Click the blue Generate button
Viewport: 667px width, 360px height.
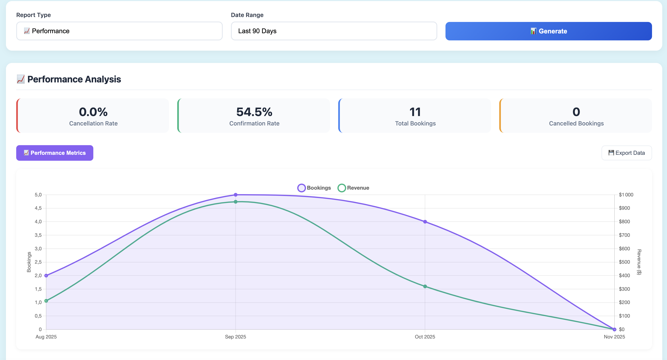point(548,31)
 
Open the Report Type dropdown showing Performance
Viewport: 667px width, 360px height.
point(119,31)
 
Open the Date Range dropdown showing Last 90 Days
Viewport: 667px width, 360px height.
point(334,31)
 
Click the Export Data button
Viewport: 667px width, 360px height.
point(626,153)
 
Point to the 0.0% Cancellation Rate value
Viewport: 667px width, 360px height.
point(93,112)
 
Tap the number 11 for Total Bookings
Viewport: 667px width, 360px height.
point(415,112)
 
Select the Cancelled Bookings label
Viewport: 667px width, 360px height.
point(576,123)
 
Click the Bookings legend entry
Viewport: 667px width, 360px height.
point(314,188)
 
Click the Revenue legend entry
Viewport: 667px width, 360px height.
point(353,188)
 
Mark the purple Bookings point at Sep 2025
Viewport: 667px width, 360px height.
point(236,195)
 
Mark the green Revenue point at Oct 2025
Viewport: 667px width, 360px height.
point(425,286)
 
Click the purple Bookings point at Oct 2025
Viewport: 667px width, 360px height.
point(425,222)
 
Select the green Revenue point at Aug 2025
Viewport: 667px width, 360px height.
point(46,301)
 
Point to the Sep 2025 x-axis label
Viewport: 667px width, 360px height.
point(235,337)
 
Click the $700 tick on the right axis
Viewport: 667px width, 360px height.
point(624,235)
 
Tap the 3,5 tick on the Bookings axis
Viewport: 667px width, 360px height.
point(38,235)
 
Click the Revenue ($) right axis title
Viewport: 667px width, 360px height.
point(639,262)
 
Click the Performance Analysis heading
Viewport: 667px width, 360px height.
point(74,79)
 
